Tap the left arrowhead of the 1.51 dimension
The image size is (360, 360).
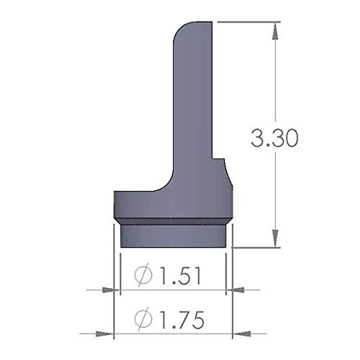[x=110, y=290]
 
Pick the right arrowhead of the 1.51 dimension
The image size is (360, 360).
[x=236, y=290]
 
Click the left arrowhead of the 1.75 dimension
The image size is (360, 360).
[x=104, y=333]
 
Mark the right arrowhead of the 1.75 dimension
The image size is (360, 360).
[x=242, y=333]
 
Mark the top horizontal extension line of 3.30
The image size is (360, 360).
[x=249, y=22]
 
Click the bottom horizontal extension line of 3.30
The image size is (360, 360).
[x=255, y=248]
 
